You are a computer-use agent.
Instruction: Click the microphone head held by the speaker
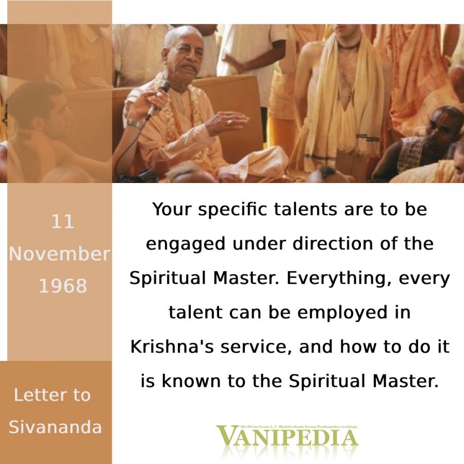click(x=164, y=87)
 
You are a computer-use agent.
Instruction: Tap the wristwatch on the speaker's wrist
click(x=135, y=123)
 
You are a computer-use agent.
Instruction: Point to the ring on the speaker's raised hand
click(x=229, y=122)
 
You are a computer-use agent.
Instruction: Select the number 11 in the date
click(x=62, y=221)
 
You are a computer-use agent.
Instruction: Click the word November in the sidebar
click(x=59, y=254)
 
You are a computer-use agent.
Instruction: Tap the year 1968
click(x=63, y=286)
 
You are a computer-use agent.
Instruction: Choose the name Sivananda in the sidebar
click(x=55, y=427)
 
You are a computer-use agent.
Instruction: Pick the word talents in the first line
click(x=305, y=209)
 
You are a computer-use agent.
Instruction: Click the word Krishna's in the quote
click(x=172, y=346)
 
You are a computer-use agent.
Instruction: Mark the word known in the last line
click(x=191, y=381)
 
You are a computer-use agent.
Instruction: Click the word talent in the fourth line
click(x=195, y=312)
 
